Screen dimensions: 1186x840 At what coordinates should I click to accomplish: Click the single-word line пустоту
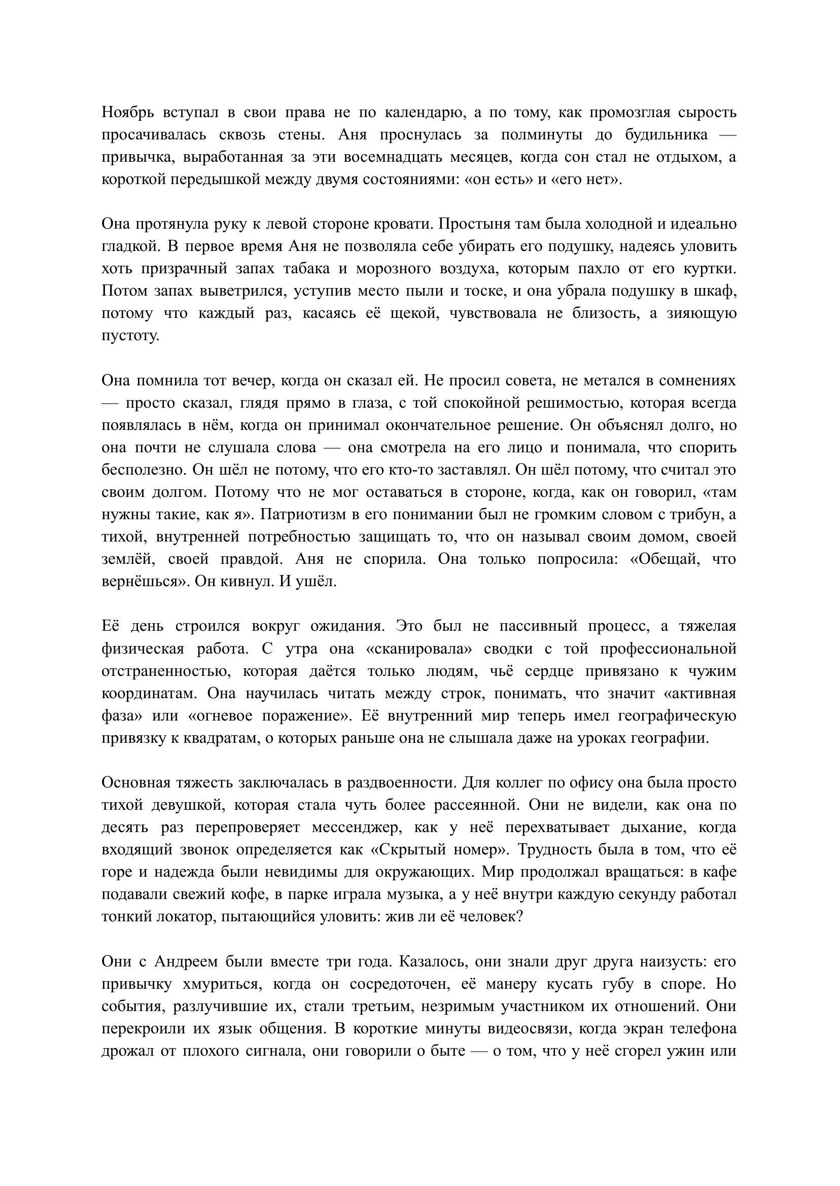tap(130, 336)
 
